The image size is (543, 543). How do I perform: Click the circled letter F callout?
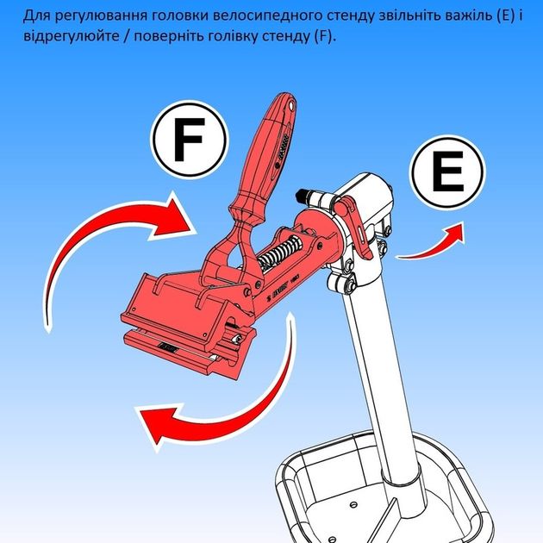(x=190, y=140)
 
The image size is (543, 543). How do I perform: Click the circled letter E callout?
(x=447, y=172)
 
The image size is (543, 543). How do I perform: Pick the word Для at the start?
(x=36, y=16)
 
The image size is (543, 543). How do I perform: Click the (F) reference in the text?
(x=324, y=36)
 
